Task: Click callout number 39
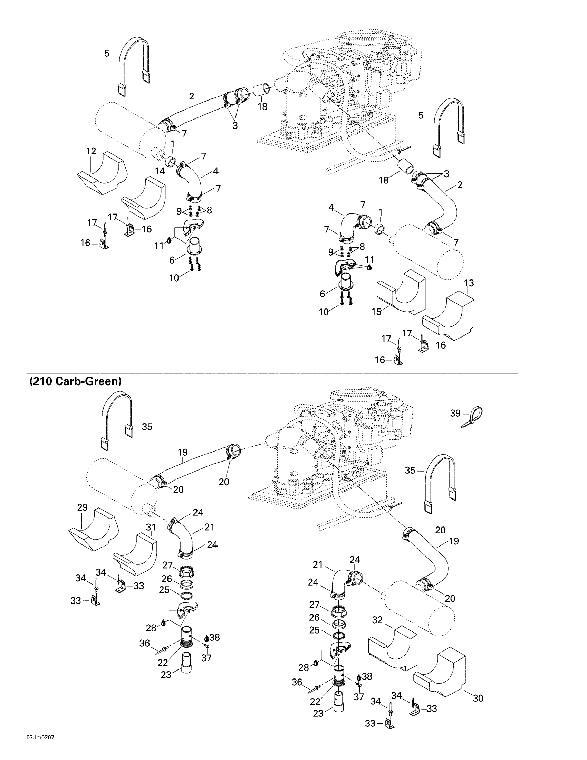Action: tap(455, 413)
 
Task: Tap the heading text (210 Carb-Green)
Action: tap(76, 381)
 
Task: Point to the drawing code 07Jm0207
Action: tap(40, 748)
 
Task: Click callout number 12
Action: tap(91, 151)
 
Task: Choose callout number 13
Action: tap(469, 283)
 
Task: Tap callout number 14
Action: tap(160, 171)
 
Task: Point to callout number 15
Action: tap(377, 312)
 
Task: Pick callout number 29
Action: tap(83, 507)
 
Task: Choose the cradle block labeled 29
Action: tap(93, 531)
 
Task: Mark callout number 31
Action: tap(151, 528)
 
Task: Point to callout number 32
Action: tap(377, 620)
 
